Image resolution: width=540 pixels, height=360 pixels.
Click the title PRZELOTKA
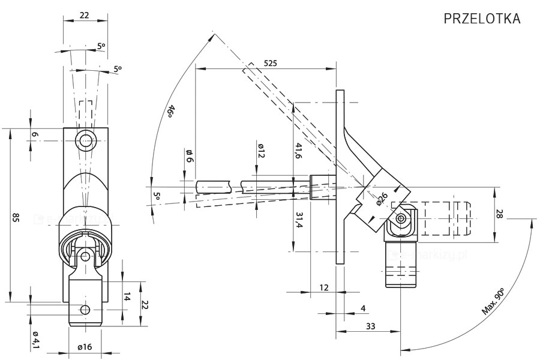click(481, 19)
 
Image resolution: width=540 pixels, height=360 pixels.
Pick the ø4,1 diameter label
click(35, 340)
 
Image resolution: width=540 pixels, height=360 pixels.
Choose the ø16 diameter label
click(85, 346)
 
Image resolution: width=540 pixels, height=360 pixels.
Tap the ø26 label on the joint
click(382, 198)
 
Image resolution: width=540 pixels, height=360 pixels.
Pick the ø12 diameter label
click(261, 151)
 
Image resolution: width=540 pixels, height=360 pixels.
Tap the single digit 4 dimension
click(362, 308)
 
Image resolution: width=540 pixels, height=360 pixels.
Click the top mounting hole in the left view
click(85, 142)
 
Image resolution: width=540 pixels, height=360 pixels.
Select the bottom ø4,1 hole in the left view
click(85, 310)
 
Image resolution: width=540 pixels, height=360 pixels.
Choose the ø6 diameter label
click(190, 155)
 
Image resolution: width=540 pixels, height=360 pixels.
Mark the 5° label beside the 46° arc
click(157, 196)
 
